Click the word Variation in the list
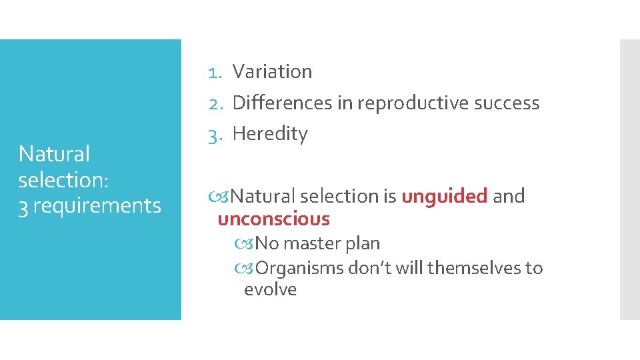pos(272,72)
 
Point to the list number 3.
pos(214,134)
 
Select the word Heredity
pos(270,134)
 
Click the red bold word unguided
pos(444,197)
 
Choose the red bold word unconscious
pos(274,219)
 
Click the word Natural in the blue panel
pos(54,154)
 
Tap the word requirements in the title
pos(97,206)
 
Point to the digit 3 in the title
pos(23,206)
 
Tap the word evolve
pos(270,290)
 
